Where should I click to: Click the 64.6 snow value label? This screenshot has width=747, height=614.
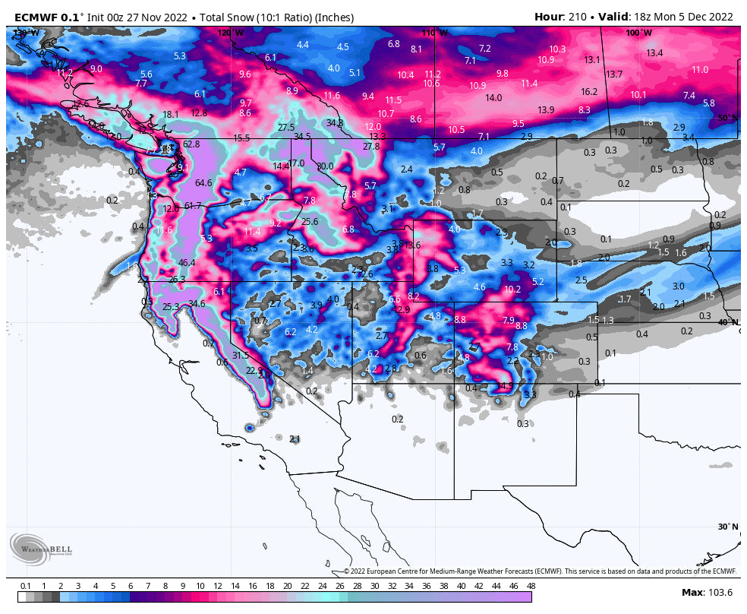point(203,182)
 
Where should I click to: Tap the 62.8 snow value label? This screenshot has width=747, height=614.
point(191,144)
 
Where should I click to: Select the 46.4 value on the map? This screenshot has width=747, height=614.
point(187,263)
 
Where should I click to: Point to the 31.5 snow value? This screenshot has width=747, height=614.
point(241,355)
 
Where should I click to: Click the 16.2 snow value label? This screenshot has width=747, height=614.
point(589,91)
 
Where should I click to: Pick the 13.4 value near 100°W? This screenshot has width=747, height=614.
point(654,52)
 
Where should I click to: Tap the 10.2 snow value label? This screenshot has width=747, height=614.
point(512,289)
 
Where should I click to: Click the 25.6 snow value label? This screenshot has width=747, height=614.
point(310,222)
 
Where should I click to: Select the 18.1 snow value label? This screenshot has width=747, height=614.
point(171,115)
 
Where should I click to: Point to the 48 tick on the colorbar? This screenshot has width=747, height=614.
point(531,586)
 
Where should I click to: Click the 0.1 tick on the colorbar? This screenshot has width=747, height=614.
point(26,586)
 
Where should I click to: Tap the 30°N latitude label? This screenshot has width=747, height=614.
point(727,527)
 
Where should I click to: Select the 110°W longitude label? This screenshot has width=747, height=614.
point(435,33)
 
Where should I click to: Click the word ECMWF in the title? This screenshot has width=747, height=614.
point(36,17)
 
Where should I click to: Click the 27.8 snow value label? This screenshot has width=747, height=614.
point(371,147)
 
